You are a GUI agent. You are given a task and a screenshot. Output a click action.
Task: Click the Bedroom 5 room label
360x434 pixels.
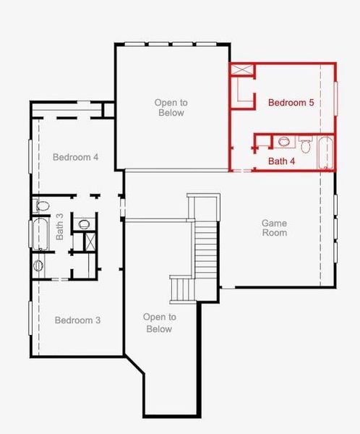pyautogui.click(x=291, y=103)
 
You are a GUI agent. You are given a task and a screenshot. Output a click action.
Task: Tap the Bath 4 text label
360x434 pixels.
pyautogui.click(x=282, y=161)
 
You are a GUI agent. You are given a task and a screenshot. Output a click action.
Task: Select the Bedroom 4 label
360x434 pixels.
pyautogui.click(x=76, y=157)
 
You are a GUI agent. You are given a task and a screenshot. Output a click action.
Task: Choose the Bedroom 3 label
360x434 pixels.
pyautogui.click(x=77, y=320)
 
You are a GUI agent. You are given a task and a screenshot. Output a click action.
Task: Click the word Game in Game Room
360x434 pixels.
pyautogui.click(x=274, y=224)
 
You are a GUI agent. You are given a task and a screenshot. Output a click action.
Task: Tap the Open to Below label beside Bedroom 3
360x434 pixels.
pyautogui.click(x=159, y=323)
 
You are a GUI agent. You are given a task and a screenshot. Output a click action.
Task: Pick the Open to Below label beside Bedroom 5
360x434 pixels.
pyautogui.click(x=170, y=108)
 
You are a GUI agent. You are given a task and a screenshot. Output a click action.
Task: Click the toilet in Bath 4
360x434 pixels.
pyautogui.click(x=306, y=146)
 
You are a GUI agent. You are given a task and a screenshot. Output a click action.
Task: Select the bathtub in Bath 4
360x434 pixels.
pyautogui.click(x=325, y=153)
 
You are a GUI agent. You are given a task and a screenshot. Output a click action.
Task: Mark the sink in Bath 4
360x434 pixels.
pyautogui.click(x=283, y=141)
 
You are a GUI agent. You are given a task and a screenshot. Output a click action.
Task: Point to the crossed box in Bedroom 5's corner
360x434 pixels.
pyautogui.click(x=242, y=71)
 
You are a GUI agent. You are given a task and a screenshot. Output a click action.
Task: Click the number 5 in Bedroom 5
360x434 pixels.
pyautogui.click(x=311, y=103)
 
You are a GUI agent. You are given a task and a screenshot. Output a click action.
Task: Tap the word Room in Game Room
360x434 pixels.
pyautogui.click(x=275, y=233)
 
